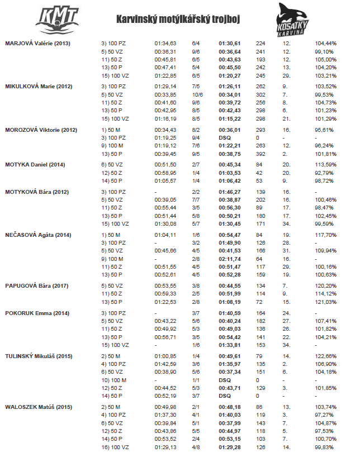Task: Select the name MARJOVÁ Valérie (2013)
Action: [x=37, y=43]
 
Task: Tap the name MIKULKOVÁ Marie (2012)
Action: [x=39, y=86]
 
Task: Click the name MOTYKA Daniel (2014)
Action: [x=35, y=164]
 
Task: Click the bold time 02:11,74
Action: [x=229, y=260]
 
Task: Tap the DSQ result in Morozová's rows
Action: [x=225, y=138]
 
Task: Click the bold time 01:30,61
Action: [x=229, y=43]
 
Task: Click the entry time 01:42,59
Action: [x=165, y=364]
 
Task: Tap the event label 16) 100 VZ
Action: [x=115, y=448]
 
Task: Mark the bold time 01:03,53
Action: [x=229, y=173]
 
